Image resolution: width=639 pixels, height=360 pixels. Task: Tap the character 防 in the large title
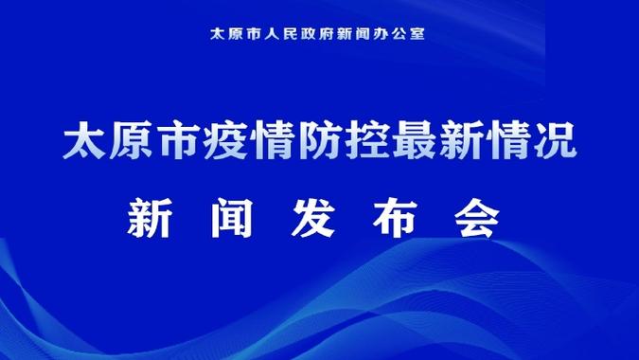295,144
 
